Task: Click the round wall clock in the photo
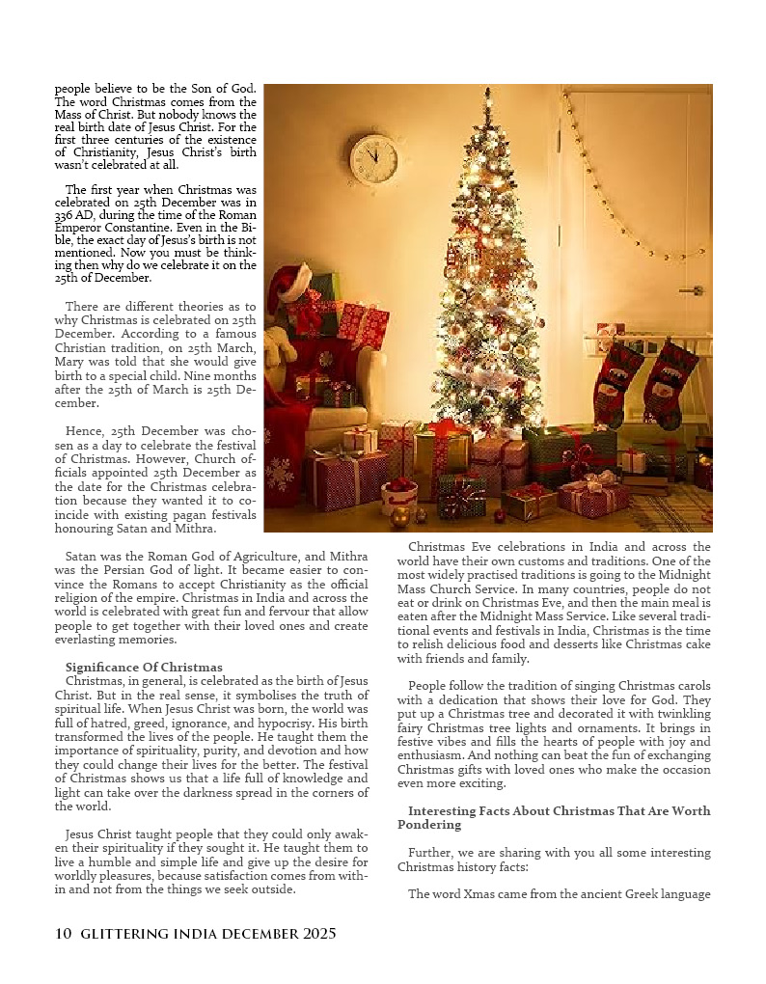click(x=373, y=159)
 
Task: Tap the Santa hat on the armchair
click(x=288, y=285)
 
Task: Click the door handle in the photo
click(x=691, y=290)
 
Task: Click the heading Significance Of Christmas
click(x=144, y=668)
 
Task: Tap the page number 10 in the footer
click(x=64, y=934)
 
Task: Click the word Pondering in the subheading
click(x=429, y=825)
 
